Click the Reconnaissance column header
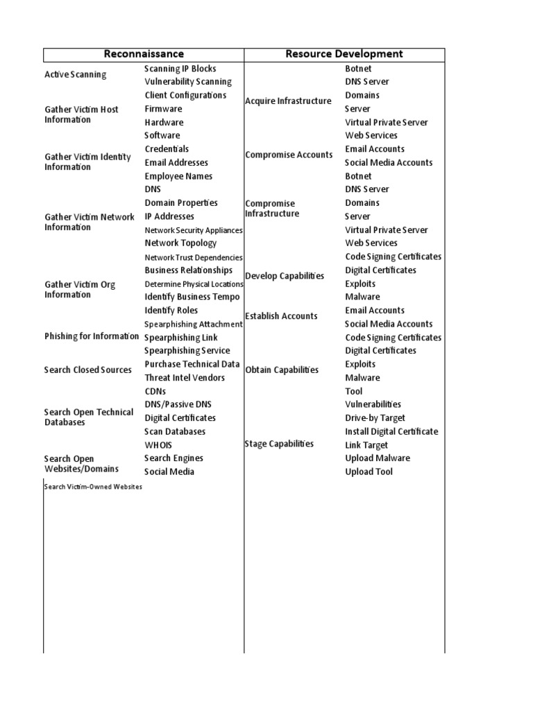click(144, 54)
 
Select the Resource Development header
click(344, 54)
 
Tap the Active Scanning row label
click(76, 75)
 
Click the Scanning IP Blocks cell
click(180, 69)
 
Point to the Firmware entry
click(163, 109)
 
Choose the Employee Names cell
click(178, 176)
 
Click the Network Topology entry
click(180, 243)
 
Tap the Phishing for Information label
click(92, 336)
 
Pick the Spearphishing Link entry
click(180, 338)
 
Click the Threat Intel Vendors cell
click(185, 378)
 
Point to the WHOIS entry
click(158, 445)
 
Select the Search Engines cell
click(174, 458)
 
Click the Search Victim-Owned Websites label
click(93, 487)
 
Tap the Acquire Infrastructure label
click(288, 101)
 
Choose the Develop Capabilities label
click(285, 276)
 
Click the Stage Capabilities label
click(279, 444)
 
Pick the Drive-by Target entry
click(375, 418)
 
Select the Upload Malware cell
click(378, 458)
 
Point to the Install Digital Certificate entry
click(391, 431)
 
